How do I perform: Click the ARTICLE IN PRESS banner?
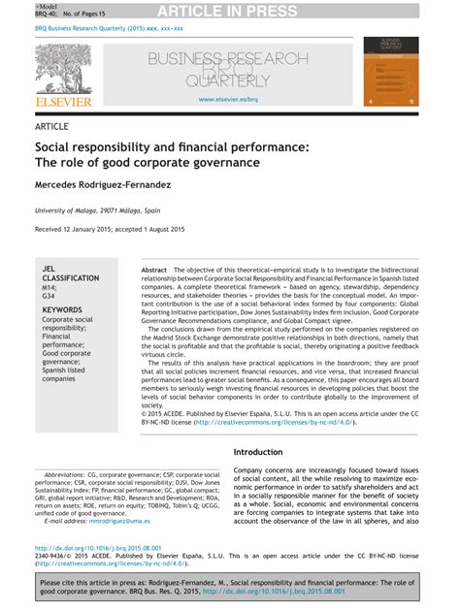click(229, 11)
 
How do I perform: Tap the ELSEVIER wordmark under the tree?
click(63, 101)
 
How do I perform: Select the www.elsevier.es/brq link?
click(228, 99)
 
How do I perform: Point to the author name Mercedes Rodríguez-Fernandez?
click(116, 183)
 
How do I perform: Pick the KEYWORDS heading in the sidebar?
click(62, 309)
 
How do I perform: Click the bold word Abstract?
click(154, 269)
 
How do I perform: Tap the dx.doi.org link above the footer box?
click(111, 547)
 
